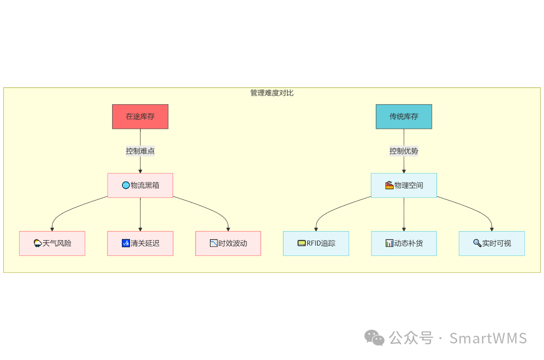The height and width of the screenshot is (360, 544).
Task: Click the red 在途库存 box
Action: pyautogui.click(x=140, y=116)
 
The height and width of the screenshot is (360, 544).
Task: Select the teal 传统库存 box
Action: pyautogui.click(x=404, y=116)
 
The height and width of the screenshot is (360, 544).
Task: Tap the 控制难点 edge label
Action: pyautogui.click(x=140, y=151)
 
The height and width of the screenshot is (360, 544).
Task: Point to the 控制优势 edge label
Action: pyautogui.click(x=404, y=151)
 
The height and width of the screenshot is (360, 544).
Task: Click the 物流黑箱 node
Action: pyautogui.click(x=140, y=185)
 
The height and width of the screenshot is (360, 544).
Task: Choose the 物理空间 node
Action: pyautogui.click(x=404, y=185)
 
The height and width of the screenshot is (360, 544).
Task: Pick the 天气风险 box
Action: pyautogui.click(x=52, y=244)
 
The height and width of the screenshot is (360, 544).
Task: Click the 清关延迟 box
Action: pyautogui.click(x=140, y=244)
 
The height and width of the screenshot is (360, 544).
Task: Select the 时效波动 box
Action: pyautogui.click(x=228, y=244)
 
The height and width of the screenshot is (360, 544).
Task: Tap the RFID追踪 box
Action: pyautogui.click(x=316, y=244)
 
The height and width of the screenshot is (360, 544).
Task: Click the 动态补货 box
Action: pyautogui.click(x=404, y=244)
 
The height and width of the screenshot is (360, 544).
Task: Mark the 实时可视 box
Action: pyautogui.click(x=492, y=244)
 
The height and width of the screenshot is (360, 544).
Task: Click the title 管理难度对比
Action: pyautogui.click(x=272, y=93)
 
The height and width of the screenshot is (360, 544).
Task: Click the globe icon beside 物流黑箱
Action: pyautogui.click(x=126, y=185)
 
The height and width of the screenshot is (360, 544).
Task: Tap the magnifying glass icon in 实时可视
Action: pyautogui.click(x=477, y=243)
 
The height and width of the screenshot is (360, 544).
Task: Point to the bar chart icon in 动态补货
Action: pyautogui.click(x=389, y=243)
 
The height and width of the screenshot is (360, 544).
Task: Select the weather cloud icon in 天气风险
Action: pyautogui.click(x=38, y=243)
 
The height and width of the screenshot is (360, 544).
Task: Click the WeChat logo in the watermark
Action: pyautogui.click(x=374, y=338)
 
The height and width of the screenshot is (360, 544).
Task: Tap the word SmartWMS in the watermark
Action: pyautogui.click(x=488, y=338)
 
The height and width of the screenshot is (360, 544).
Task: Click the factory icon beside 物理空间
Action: pyautogui.click(x=389, y=185)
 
